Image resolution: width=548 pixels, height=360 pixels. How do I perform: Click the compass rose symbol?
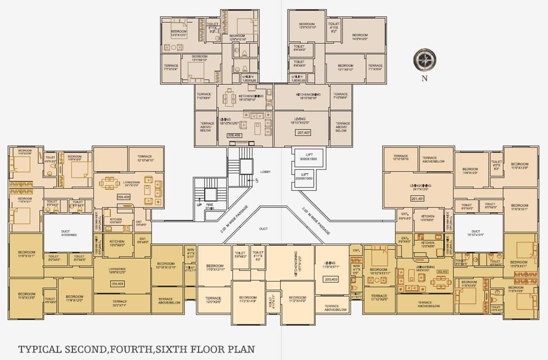click(424, 60)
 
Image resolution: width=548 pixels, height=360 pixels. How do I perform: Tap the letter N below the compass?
click(424, 79)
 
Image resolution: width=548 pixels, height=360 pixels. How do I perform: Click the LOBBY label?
click(265, 172)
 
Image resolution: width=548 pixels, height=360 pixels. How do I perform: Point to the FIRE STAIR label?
click(210, 206)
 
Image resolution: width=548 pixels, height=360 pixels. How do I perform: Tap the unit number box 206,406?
click(234, 135)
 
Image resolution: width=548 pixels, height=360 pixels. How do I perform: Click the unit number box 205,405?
click(123, 197)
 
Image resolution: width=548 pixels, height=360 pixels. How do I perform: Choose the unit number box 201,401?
click(417, 199)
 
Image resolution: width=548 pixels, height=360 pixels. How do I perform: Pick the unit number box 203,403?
click(331, 279)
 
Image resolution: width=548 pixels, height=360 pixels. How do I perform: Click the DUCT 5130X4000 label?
click(68, 233)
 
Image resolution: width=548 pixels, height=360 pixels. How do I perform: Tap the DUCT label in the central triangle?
click(263, 229)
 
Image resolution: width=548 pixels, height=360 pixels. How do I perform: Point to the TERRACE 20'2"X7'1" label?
click(120, 303)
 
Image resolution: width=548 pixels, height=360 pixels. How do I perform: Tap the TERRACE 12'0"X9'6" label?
click(213, 300)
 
